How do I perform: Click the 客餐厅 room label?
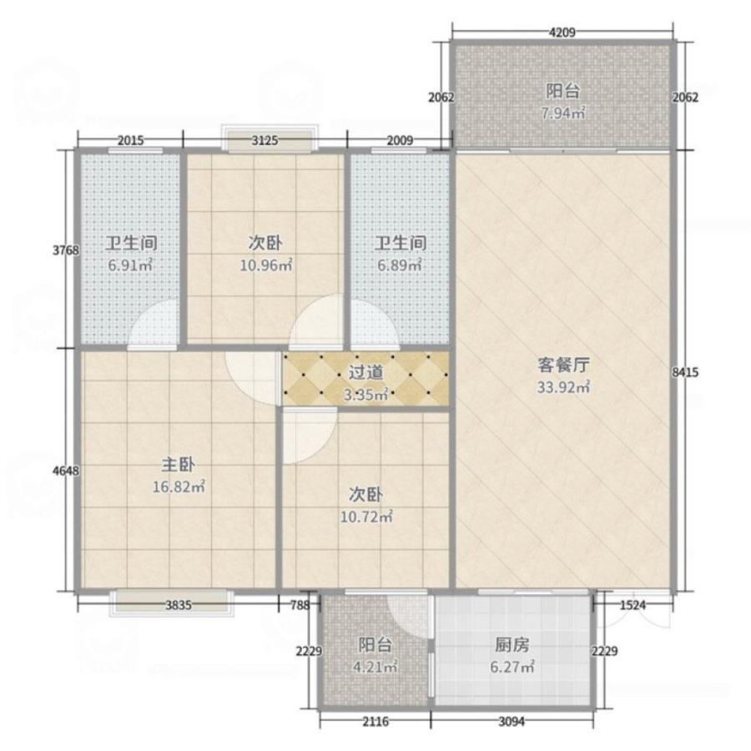pos(563,365)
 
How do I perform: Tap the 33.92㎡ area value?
pos(563,387)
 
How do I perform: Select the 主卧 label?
pos(179,465)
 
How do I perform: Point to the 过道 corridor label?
pos(366,373)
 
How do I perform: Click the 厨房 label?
pos(512,645)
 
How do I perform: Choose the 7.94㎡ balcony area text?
pos(563,113)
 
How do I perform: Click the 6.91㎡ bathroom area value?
pos(130,265)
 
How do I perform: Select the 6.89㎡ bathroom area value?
pos(400,265)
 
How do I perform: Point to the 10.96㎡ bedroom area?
pos(266,265)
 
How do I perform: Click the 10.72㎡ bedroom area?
pos(366,517)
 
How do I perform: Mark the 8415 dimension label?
pos(685,372)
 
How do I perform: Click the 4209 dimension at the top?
pos(562,33)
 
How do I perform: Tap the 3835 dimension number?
pos(179,605)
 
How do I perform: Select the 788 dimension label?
pos(300,605)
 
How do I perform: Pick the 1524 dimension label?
pos(633,605)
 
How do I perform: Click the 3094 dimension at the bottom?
pos(512,721)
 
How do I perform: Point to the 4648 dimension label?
pos(66,471)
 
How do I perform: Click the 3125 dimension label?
pos(265,140)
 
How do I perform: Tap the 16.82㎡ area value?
pos(179,487)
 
